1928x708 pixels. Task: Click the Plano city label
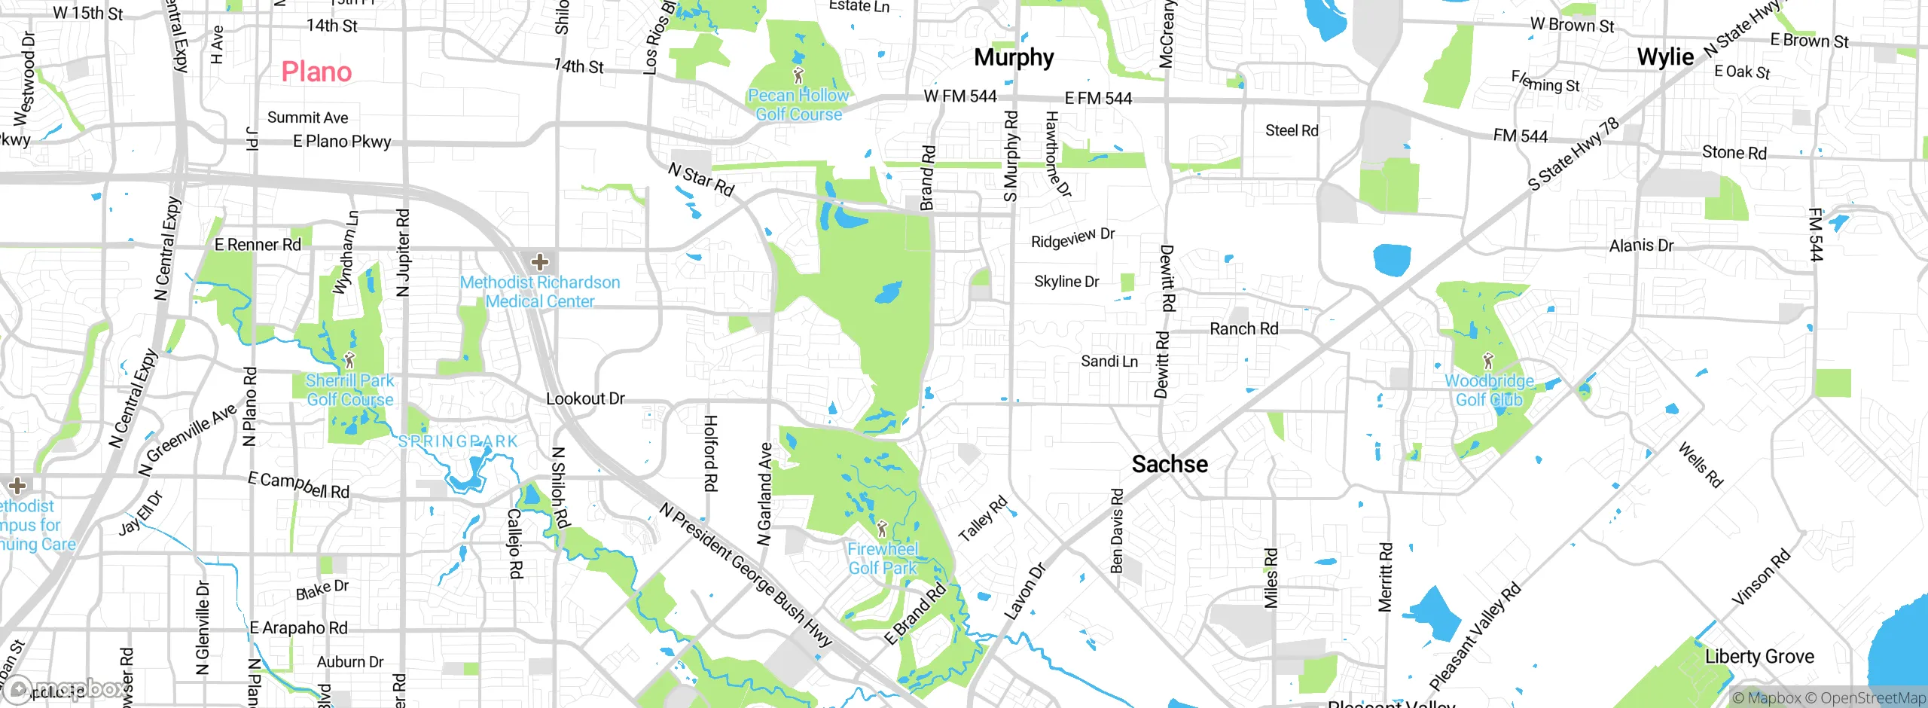coord(316,72)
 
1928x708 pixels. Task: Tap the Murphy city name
coord(1014,57)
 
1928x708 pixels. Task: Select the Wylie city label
coord(1665,57)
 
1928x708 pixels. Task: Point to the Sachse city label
coord(1170,464)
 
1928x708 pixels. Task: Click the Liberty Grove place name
coord(1759,657)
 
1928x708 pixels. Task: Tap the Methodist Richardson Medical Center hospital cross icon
coord(539,262)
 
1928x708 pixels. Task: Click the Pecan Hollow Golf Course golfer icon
coord(798,75)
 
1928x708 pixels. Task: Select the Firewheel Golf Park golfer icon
coord(882,529)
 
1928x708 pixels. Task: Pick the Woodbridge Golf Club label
coord(1489,390)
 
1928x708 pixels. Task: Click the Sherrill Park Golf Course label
coord(349,390)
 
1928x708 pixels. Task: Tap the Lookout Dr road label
coord(585,398)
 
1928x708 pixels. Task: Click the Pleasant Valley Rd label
coord(1475,636)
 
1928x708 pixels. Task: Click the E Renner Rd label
coord(258,245)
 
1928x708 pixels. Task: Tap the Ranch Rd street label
coord(1243,328)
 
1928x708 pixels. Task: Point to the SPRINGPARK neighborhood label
coord(458,441)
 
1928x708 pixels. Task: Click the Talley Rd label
coord(982,519)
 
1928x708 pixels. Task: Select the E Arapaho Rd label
coord(298,627)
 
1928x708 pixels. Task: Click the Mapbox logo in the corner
coord(64,688)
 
